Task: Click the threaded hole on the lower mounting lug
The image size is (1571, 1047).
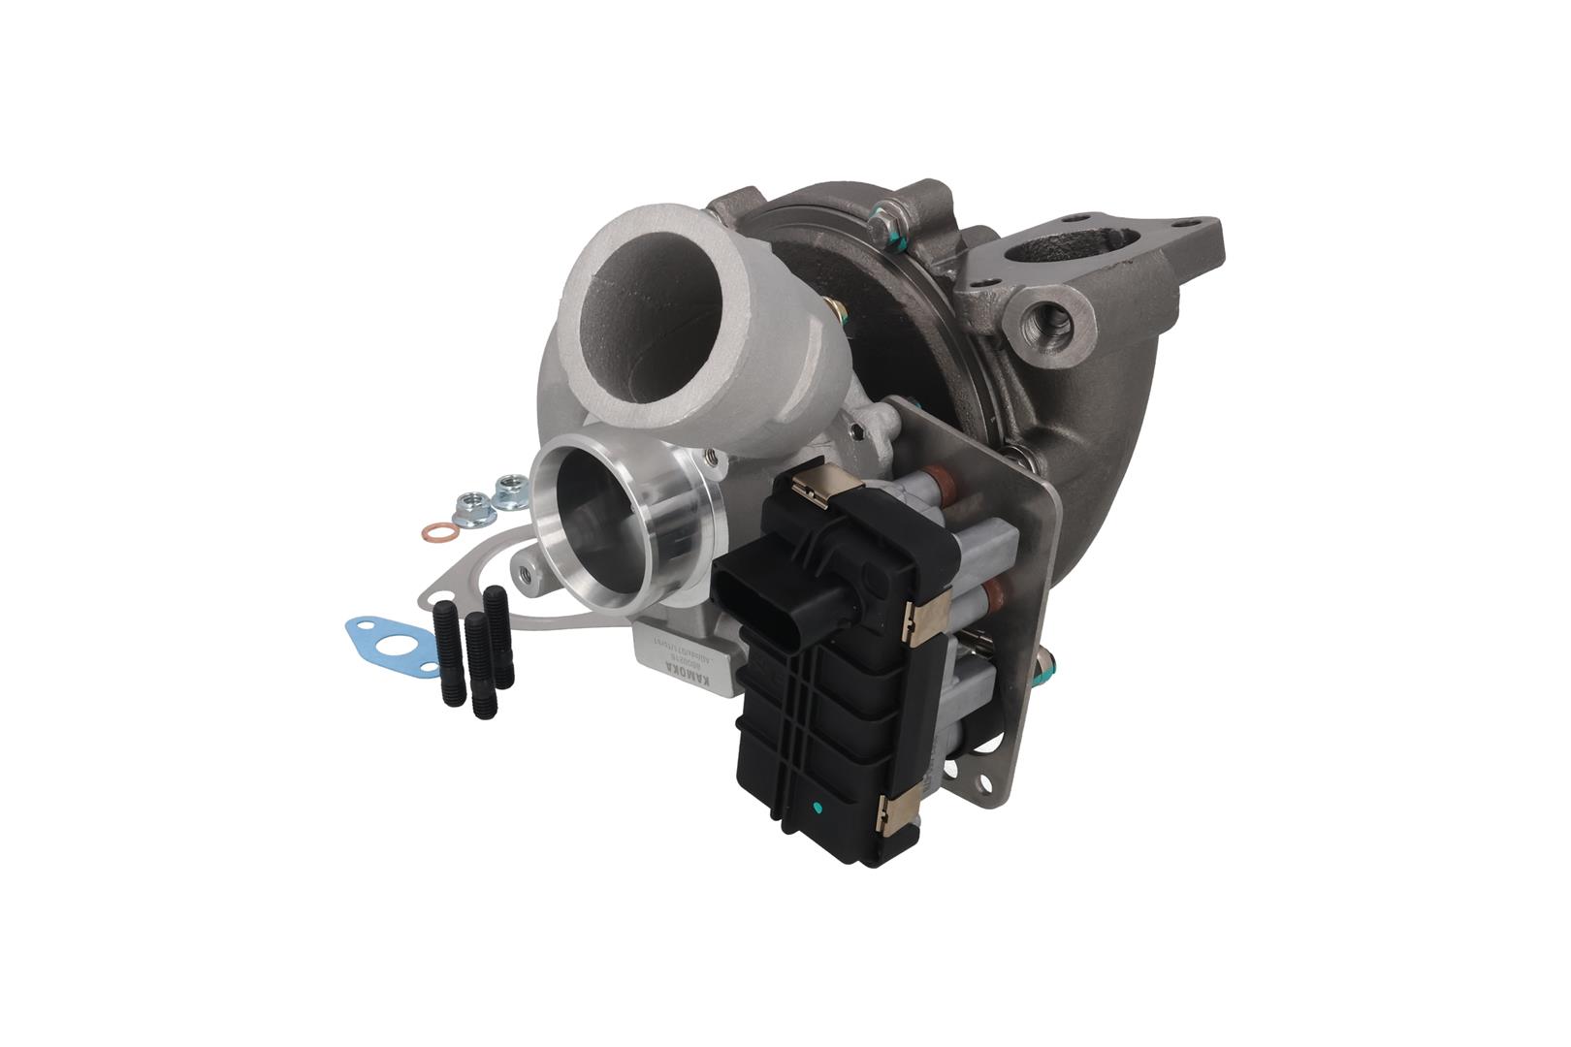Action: coord(527,573)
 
